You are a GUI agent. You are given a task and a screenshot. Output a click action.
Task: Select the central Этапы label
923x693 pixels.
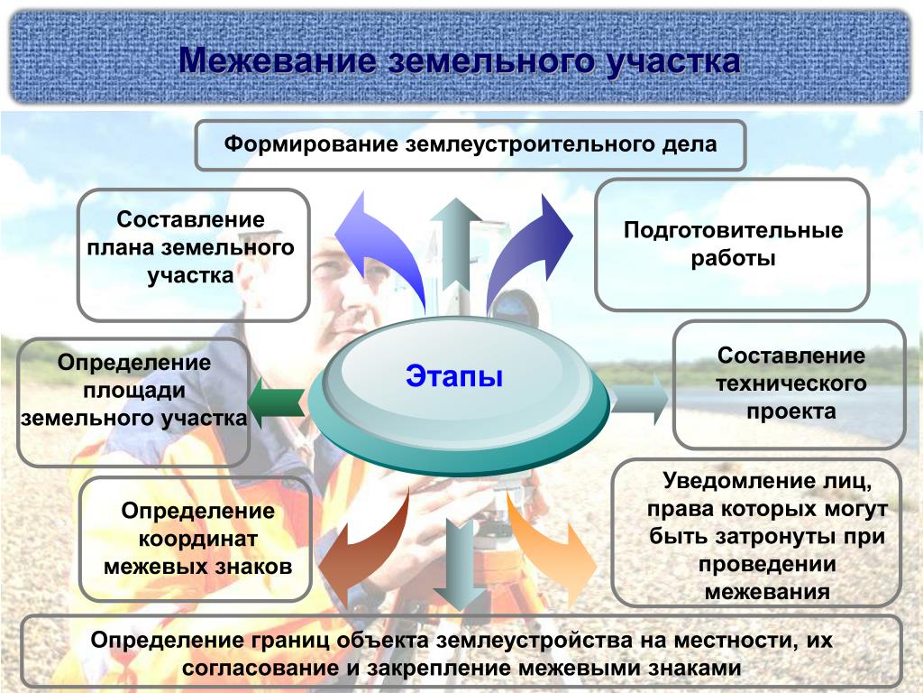pyautogui.click(x=453, y=375)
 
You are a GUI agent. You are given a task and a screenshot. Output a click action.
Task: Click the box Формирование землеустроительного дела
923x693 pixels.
pyautogui.click(x=471, y=144)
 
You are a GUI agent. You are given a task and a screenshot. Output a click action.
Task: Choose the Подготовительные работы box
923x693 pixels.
pyautogui.click(x=732, y=245)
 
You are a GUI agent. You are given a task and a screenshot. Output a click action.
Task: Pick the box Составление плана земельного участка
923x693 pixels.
pyautogui.click(x=193, y=254)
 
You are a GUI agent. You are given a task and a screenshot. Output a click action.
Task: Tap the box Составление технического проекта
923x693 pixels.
pyautogui.click(x=790, y=384)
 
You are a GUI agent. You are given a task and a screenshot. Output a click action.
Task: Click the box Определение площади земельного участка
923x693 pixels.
pyautogui.click(x=133, y=402)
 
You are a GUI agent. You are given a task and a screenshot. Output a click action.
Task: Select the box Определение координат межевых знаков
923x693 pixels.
pyautogui.click(x=196, y=540)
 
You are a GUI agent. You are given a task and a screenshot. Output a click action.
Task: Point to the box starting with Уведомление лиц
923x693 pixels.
pyautogui.click(x=756, y=532)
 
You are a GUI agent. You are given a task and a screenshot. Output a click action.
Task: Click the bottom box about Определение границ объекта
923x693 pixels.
pyautogui.click(x=461, y=652)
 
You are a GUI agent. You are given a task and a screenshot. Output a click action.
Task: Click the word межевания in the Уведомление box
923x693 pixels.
pyautogui.click(x=766, y=593)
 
